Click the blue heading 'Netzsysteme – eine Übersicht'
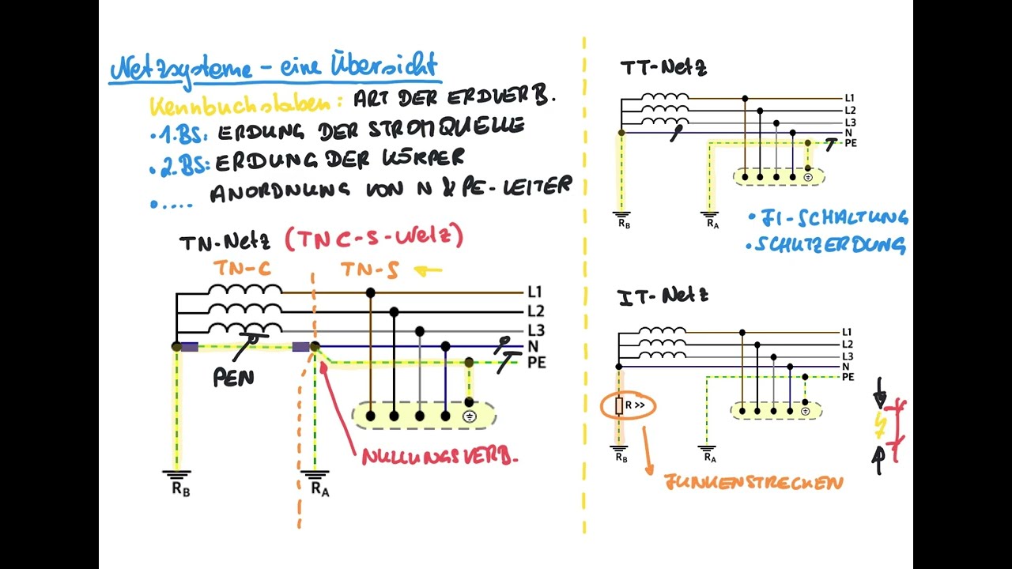click(273, 67)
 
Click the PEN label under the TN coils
click(234, 378)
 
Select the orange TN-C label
click(243, 269)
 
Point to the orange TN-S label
click(369, 270)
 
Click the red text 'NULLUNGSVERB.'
click(440, 457)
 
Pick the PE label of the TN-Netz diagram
click(536, 363)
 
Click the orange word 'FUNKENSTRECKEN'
click(753, 482)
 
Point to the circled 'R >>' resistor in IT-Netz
click(629, 406)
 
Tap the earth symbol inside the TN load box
click(469, 416)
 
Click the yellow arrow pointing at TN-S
click(428, 271)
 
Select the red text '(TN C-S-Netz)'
click(373, 237)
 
